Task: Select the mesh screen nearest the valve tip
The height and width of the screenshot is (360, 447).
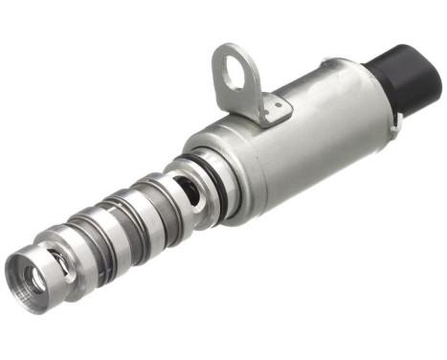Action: pyautogui.click(x=91, y=253)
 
